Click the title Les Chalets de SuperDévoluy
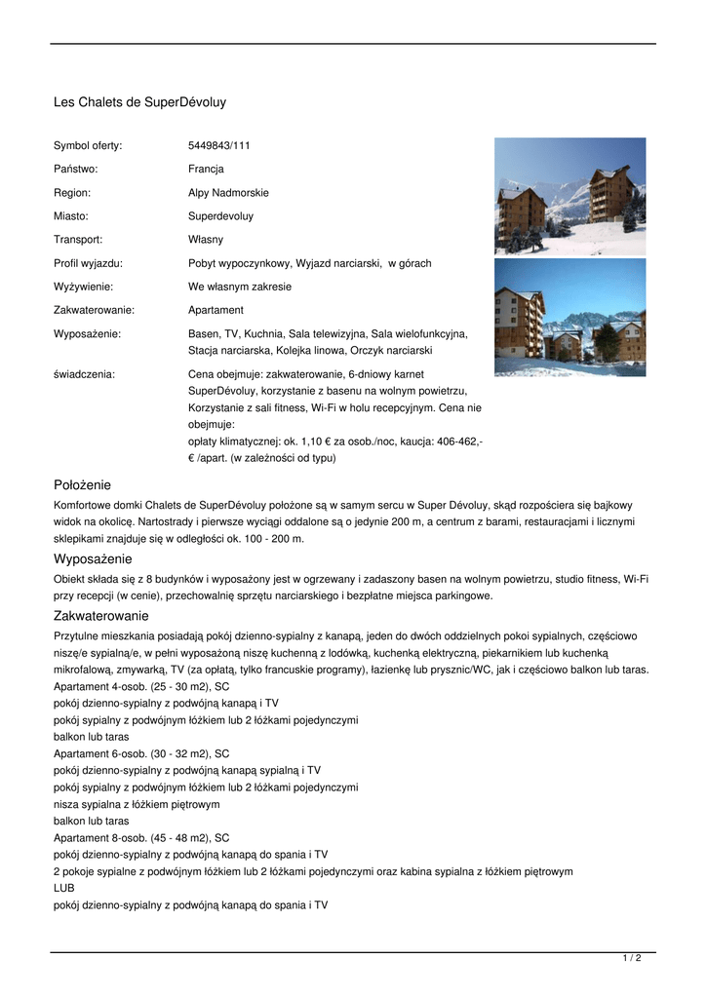coord(139,101)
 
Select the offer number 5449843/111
coord(218,145)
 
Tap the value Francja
coord(206,169)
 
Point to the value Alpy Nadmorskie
coord(228,193)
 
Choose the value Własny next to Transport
coord(205,240)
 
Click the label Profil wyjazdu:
coord(88,263)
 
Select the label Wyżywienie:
coord(83,287)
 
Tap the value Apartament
coord(216,310)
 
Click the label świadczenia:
coord(84,373)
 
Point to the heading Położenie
coord(82,484)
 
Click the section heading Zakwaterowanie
coord(100,616)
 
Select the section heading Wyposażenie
coord(93,559)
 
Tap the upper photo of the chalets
coord(570,196)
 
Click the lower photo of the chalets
coord(570,317)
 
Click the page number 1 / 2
coord(632,959)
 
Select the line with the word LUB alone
coord(63,889)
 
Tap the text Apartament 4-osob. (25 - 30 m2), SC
coord(141,685)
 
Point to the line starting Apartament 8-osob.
coord(141,837)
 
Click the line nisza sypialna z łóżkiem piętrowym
coord(137,804)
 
